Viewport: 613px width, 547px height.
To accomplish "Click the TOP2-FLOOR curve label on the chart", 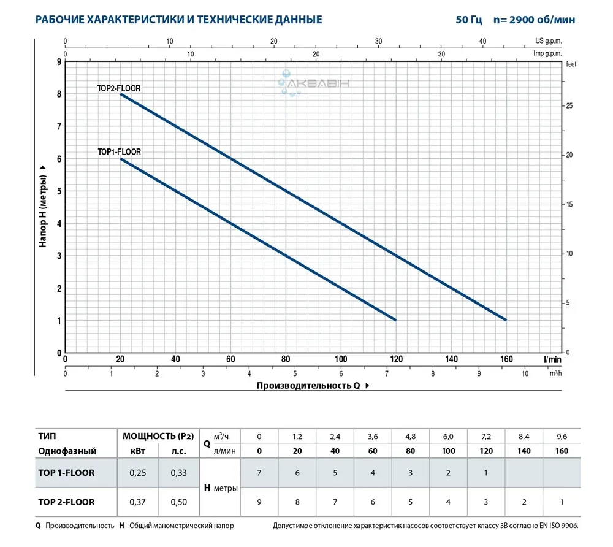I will tap(118, 88).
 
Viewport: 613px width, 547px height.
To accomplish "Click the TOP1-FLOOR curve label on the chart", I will tap(118, 152).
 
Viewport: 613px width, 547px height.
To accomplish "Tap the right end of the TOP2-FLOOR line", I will tap(506, 319).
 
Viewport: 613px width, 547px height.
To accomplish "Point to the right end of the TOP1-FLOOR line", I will tap(396, 319).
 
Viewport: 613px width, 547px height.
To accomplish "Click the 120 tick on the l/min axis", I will tap(396, 359).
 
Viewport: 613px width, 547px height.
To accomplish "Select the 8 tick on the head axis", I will tap(59, 94).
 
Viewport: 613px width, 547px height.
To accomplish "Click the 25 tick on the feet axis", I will tap(569, 106).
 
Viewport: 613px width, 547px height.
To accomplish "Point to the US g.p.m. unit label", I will tap(548, 41).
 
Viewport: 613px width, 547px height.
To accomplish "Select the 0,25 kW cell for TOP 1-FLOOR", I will tap(137, 473).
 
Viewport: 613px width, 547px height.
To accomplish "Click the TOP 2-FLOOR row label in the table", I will tap(66, 502).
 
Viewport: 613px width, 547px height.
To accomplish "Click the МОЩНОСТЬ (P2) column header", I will tap(158, 437).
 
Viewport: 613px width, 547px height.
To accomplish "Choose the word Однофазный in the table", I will tap(67, 451).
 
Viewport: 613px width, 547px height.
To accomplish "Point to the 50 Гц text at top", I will tap(469, 20).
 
